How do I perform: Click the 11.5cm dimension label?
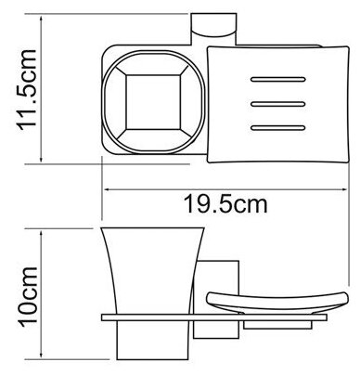27,90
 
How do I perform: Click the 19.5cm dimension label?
225,204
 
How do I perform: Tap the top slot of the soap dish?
278,80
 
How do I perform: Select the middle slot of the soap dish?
278,104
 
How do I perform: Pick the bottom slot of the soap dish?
278,127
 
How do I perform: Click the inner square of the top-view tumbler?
153,102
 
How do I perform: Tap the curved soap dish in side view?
277,303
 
